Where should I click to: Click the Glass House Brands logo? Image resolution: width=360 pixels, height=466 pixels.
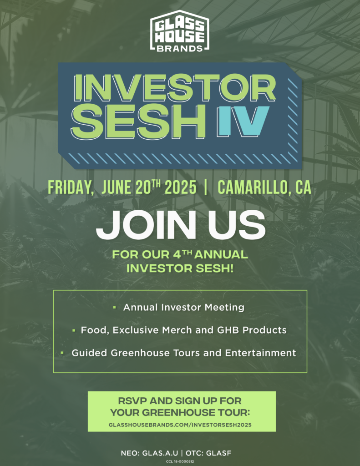[180, 31]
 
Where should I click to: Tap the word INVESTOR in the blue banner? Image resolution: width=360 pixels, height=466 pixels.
[174, 88]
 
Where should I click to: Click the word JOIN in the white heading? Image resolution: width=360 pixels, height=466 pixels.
[146, 225]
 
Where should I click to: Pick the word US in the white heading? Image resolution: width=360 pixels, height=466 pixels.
[236, 225]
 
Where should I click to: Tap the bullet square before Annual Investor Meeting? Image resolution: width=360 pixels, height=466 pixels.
[114, 308]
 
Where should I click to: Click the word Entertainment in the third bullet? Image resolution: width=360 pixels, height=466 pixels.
[260, 353]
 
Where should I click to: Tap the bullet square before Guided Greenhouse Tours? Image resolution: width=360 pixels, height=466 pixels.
[62, 353]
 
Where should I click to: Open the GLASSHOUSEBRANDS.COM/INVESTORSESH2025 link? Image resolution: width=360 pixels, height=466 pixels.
[180, 425]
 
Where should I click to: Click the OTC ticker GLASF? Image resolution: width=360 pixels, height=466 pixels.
[218, 453]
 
